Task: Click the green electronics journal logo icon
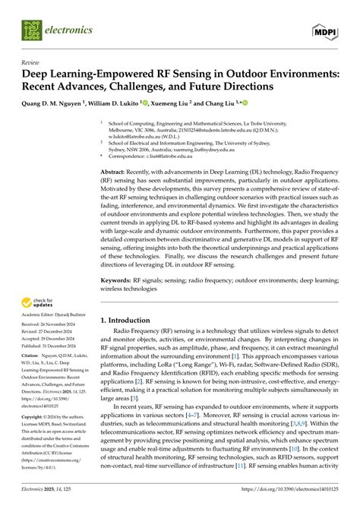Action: coord(31,30)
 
